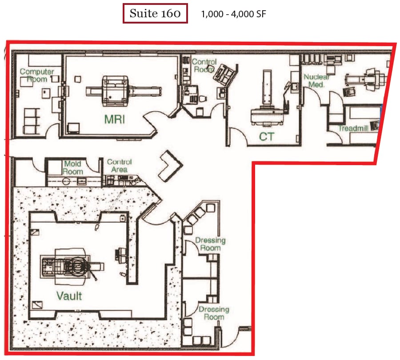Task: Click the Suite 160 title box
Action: tap(155, 13)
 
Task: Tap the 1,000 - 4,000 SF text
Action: tap(233, 14)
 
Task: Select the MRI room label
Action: tap(115, 119)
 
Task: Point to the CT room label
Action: tap(267, 137)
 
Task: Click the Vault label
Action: tap(69, 296)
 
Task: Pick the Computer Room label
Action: tap(37, 75)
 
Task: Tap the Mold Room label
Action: tap(73, 168)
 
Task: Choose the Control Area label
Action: tap(119, 166)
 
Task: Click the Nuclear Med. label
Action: tap(316, 80)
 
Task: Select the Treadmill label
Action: tap(353, 128)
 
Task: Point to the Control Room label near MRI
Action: tap(204, 66)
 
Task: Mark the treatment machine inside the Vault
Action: tap(72, 266)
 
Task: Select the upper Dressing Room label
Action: tap(210, 244)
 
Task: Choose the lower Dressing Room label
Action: tap(214, 313)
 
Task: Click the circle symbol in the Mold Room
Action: tap(66, 182)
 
